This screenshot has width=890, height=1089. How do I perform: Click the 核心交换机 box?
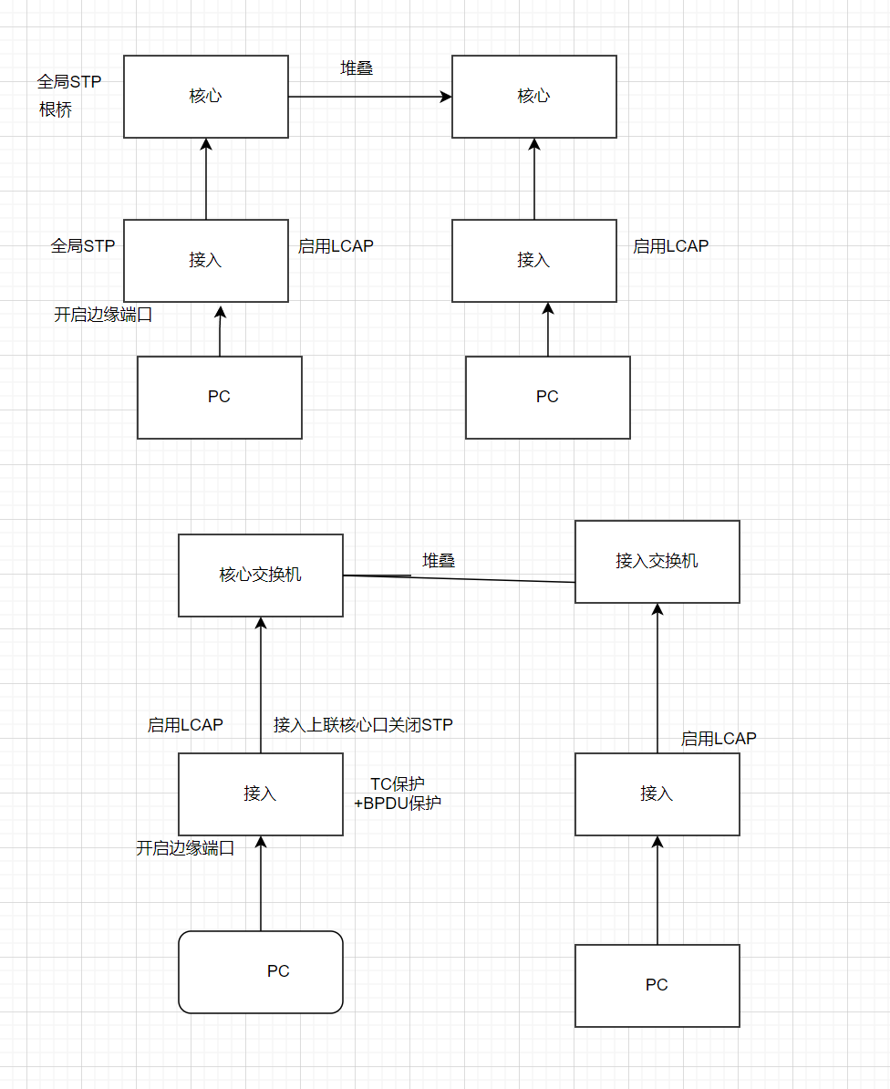[x=260, y=576]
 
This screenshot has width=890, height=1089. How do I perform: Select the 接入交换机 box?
[x=657, y=562]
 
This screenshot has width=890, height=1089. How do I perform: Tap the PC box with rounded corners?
[x=260, y=972]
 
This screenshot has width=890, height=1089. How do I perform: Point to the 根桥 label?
[x=56, y=110]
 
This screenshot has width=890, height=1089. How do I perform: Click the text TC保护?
[x=397, y=784]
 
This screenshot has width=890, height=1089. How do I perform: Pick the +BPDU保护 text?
[x=398, y=804]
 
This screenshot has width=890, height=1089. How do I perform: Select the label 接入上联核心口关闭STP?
[x=363, y=725]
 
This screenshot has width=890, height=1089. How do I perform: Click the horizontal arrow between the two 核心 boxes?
[x=369, y=97]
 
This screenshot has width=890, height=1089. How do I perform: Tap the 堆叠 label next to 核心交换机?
[x=439, y=561]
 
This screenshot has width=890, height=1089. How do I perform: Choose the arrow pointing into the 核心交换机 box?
[x=261, y=684]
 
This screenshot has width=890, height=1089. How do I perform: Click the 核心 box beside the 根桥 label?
[x=205, y=97]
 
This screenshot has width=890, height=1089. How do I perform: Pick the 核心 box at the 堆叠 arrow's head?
[x=533, y=97]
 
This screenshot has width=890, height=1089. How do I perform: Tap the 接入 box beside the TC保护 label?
[x=260, y=794]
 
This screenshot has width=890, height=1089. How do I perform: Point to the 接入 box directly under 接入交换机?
[x=657, y=794]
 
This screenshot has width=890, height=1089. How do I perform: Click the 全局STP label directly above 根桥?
[x=69, y=82]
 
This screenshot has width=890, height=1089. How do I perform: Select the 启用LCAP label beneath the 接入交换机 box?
[x=719, y=739]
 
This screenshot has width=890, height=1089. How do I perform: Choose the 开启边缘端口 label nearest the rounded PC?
[x=185, y=848]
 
